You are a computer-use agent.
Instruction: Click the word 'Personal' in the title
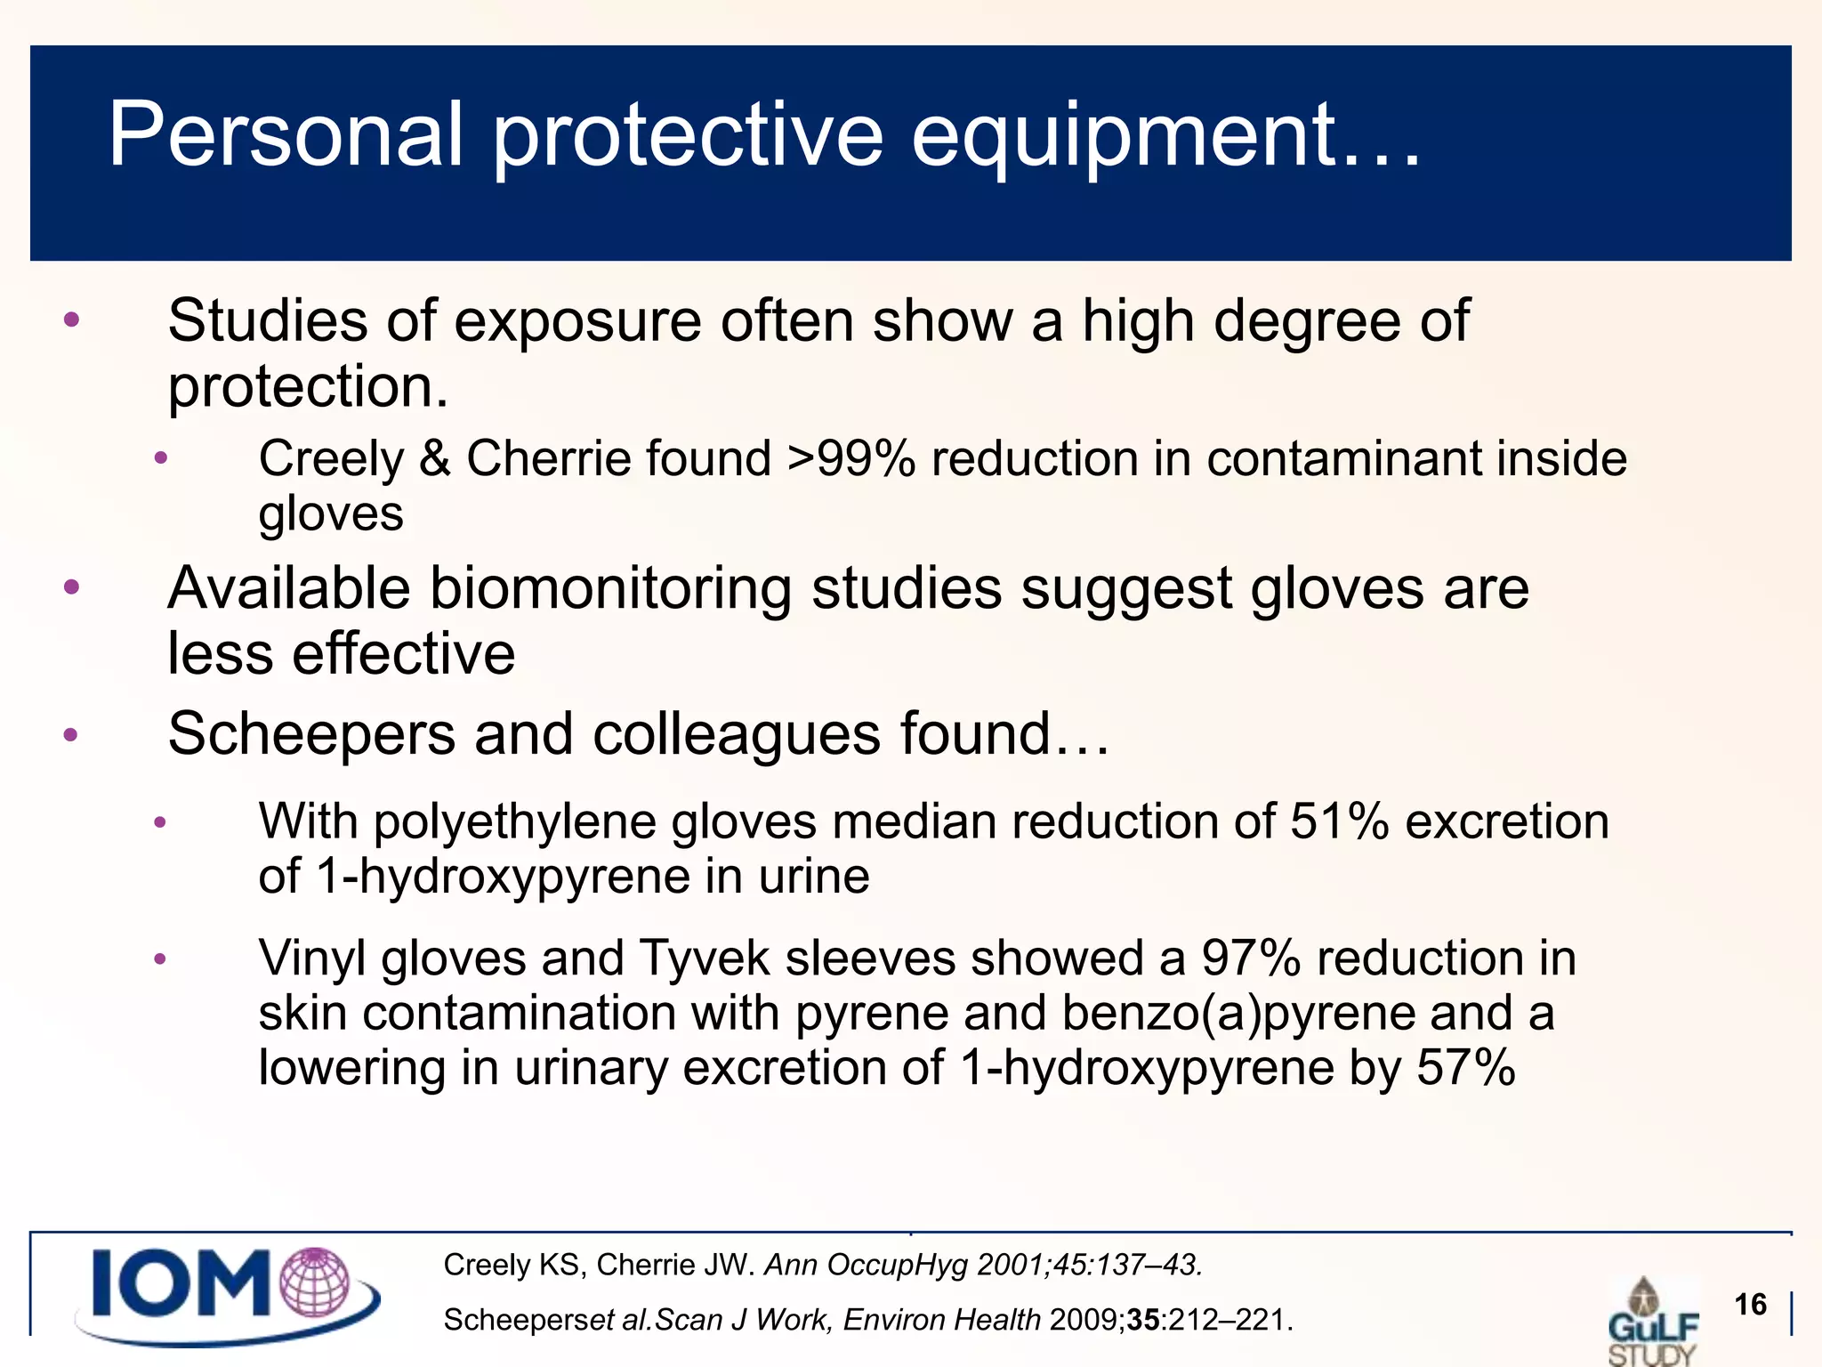[285, 135]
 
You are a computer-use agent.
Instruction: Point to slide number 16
[1750, 1305]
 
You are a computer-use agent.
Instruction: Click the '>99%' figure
[851, 459]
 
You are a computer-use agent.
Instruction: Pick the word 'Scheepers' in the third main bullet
[311, 735]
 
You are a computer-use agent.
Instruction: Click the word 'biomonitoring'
[613, 589]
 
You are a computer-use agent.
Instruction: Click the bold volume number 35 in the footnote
[1143, 1320]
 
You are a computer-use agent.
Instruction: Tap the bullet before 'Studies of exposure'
[72, 320]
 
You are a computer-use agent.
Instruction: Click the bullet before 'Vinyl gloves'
[160, 959]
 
